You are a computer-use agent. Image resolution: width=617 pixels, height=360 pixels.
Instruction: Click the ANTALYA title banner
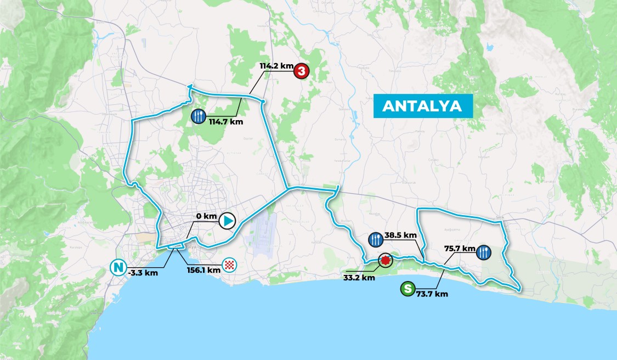pyautogui.click(x=422, y=106)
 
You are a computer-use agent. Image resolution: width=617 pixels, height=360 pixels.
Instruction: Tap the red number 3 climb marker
pyautogui.click(x=301, y=71)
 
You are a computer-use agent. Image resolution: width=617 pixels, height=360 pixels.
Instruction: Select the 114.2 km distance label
pyautogui.click(x=276, y=66)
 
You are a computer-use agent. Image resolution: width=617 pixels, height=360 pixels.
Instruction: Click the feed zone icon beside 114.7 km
pyautogui.click(x=199, y=116)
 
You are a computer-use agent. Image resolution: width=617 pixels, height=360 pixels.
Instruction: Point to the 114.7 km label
pyautogui.click(x=225, y=122)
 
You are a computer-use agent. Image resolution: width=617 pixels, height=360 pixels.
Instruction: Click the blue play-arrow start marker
pyautogui.click(x=227, y=221)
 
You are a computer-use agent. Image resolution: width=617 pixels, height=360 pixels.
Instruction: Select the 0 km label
pyautogui.click(x=207, y=216)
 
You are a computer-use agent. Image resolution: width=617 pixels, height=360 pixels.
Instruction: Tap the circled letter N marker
pyautogui.click(x=117, y=268)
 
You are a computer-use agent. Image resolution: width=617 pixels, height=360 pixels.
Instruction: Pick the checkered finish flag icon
pyautogui.click(x=231, y=266)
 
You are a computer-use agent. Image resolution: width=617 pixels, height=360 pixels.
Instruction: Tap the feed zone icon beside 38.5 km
pyautogui.click(x=376, y=239)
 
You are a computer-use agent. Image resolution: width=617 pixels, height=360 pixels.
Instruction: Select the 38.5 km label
pyautogui.click(x=401, y=235)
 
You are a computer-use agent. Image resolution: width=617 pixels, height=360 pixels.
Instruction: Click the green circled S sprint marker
pyautogui.click(x=407, y=288)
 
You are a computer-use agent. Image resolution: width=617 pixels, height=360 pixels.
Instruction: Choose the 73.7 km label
pyautogui.click(x=432, y=294)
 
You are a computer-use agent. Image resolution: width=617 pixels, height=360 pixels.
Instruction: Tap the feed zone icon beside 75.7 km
pyautogui.click(x=484, y=252)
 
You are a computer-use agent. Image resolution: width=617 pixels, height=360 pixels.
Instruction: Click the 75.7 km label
pyautogui.click(x=460, y=248)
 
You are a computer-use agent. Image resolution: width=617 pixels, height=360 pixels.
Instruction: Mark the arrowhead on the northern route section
pyautogui.click(x=190, y=86)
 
